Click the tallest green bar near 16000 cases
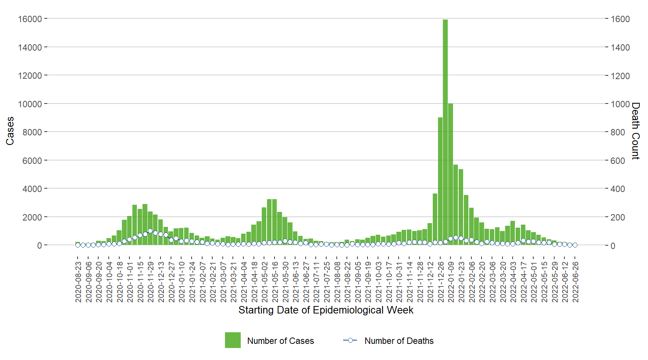[445, 131]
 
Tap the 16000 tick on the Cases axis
[30, 19]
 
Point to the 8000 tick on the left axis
[32, 132]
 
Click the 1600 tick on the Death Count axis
[620, 19]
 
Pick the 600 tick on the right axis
[618, 160]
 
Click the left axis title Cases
[10, 131]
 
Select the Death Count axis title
[635, 131]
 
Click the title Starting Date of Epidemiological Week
[325, 310]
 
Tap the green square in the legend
[232, 340]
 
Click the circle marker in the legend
[350, 340]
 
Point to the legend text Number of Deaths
[399, 341]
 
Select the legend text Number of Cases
[280, 341]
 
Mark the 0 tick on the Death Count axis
[613, 246]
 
